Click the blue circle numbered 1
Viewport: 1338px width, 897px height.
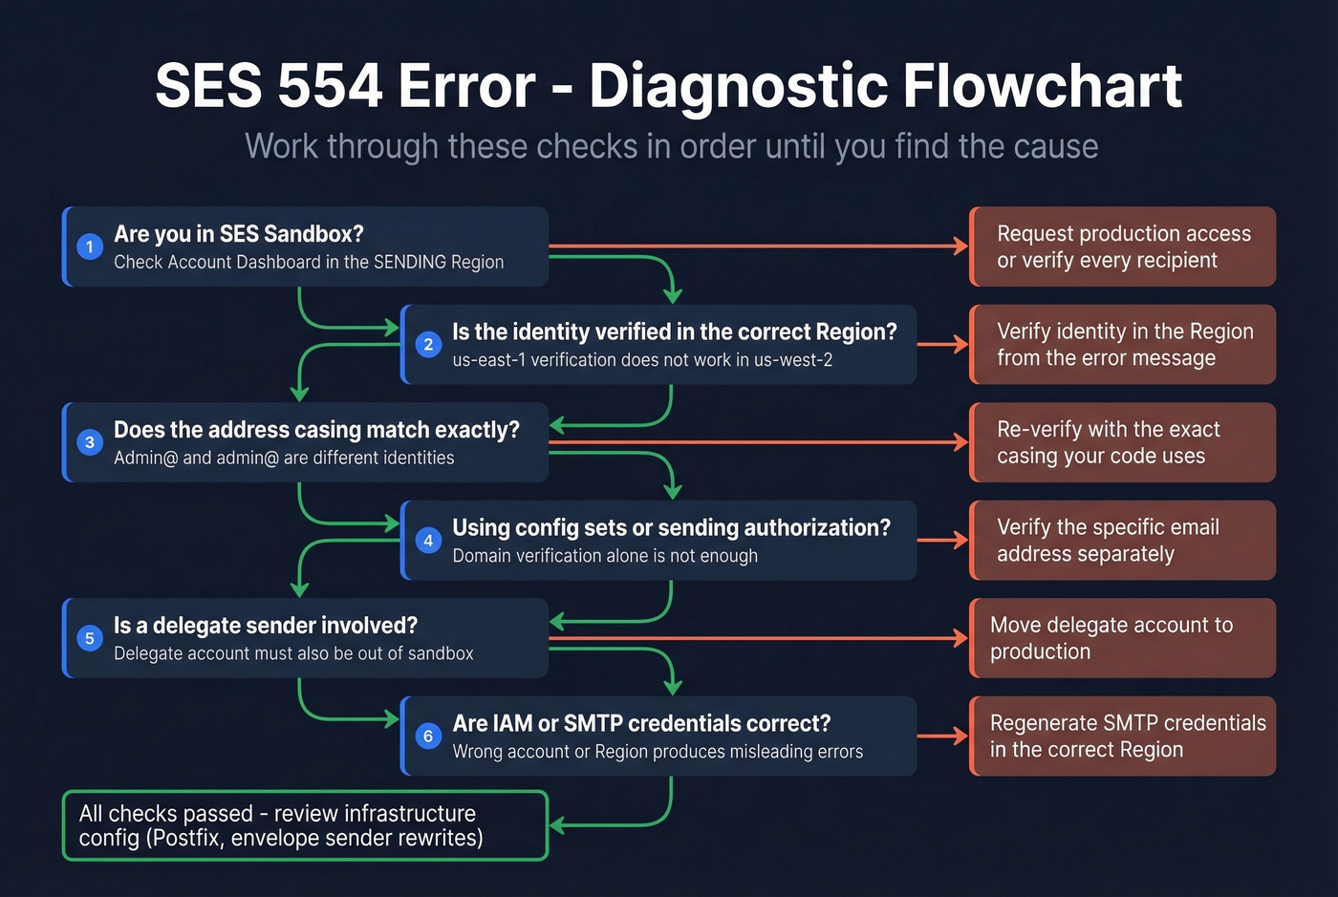[x=90, y=246]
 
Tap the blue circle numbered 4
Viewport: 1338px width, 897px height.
[x=428, y=541]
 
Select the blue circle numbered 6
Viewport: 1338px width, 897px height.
[x=428, y=737]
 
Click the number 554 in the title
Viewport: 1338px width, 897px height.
[x=330, y=86]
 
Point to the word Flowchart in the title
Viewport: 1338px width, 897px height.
[x=1042, y=86]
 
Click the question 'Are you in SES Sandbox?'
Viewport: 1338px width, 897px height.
[x=239, y=234]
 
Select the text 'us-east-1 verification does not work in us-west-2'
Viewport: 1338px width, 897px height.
[x=642, y=360]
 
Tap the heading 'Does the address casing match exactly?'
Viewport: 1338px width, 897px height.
[x=316, y=430]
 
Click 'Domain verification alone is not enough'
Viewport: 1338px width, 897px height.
[x=605, y=556]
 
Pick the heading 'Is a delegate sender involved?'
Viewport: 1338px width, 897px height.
[x=266, y=626]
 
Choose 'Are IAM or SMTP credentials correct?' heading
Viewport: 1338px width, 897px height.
[x=641, y=723]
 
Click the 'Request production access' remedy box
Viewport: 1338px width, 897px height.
[x=1123, y=246]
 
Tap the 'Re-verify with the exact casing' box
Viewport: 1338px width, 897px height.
[x=1123, y=442]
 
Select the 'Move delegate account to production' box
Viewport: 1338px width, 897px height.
[x=1123, y=638]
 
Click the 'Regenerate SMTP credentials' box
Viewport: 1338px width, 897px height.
[x=1123, y=737]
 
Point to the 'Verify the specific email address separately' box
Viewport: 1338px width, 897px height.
[x=1123, y=541]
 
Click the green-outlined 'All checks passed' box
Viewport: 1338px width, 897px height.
[x=305, y=825]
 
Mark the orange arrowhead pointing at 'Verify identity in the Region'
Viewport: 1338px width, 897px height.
[x=960, y=345]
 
